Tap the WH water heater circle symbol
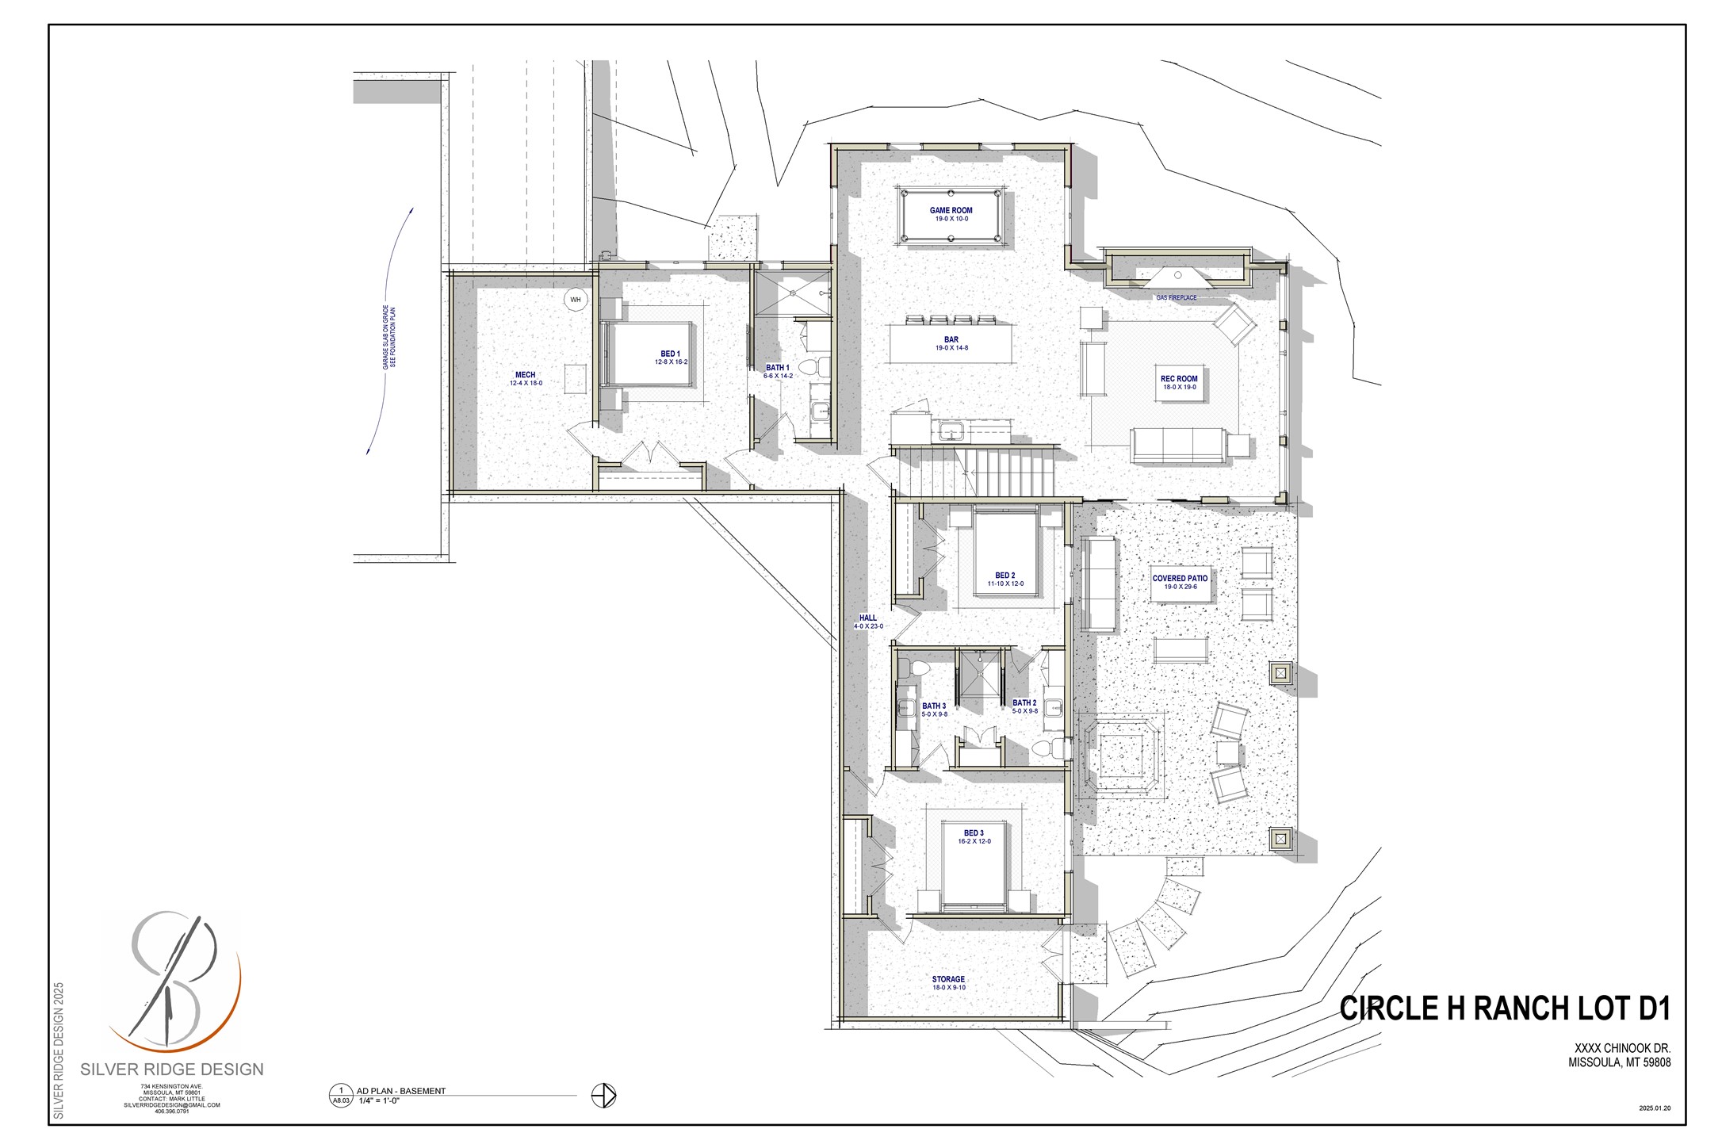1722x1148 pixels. tap(576, 300)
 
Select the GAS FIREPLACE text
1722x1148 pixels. tap(1176, 298)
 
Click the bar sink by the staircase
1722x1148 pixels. tap(951, 432)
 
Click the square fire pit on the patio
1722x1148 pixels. tap(1119, 752)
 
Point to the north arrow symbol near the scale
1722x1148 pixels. tap(603, 1096)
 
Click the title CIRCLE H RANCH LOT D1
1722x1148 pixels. tap(1504, 1008)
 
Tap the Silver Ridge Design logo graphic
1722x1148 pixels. tap(173, 983)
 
